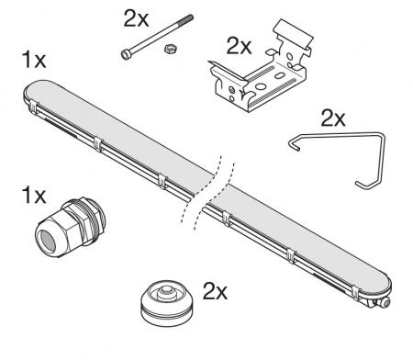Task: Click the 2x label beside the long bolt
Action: coord(135,17)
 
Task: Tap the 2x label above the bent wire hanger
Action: coord(331,118)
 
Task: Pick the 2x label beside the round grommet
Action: coord(214,291)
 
